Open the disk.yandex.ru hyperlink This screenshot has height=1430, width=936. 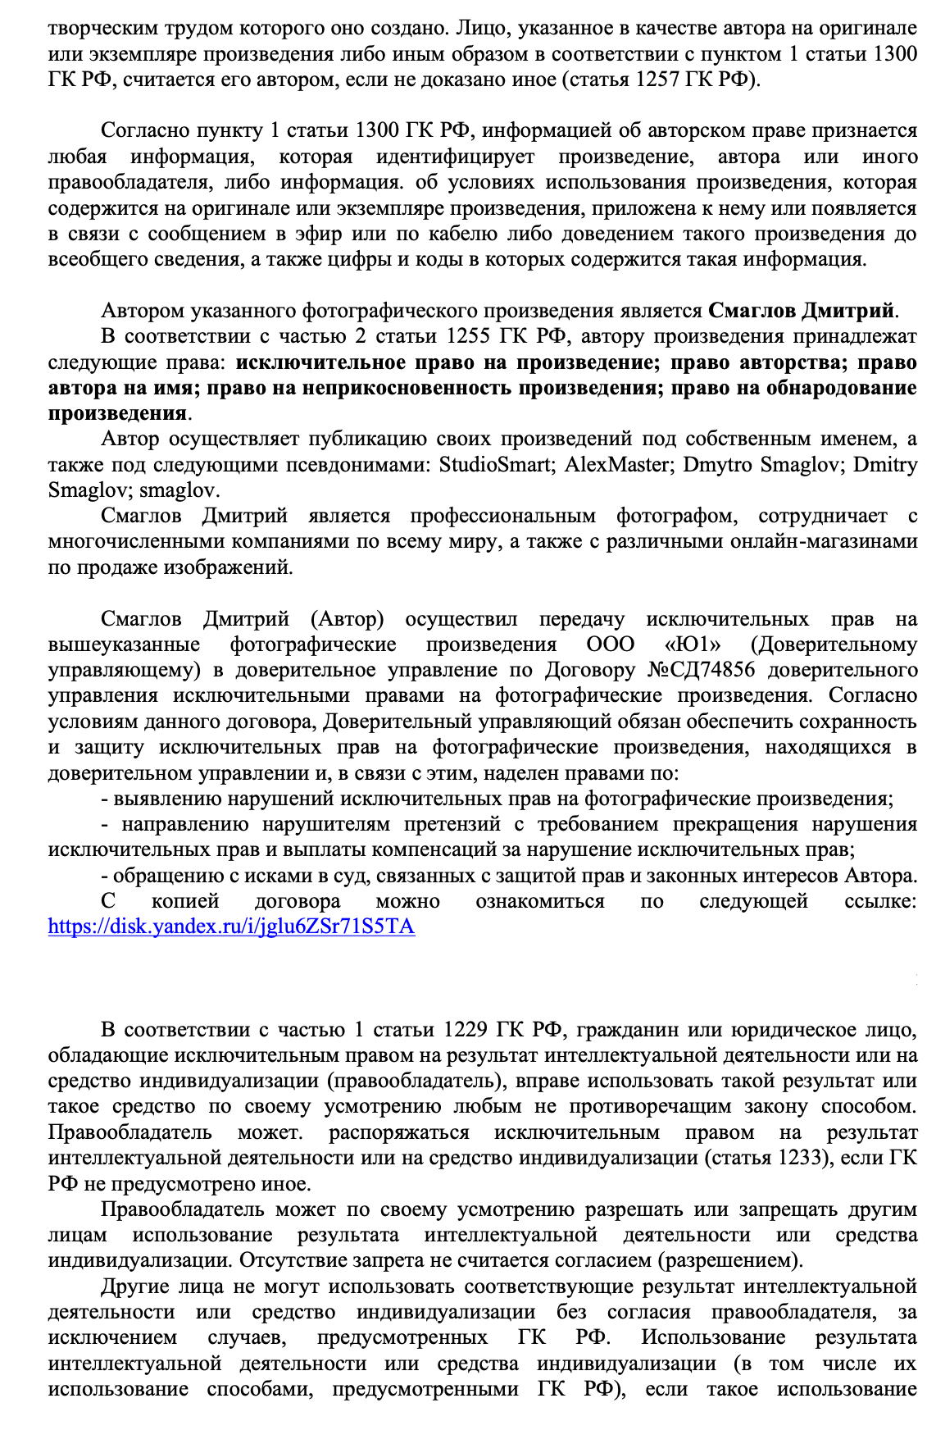[231, 927]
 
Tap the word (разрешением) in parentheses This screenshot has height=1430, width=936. [731, 1261]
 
